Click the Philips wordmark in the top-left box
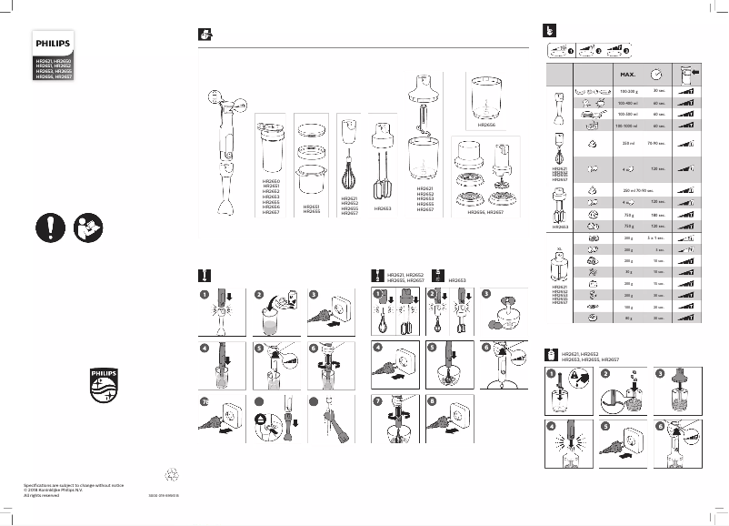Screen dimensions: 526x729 [52, 42]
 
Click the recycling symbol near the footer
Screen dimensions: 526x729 [168, 472]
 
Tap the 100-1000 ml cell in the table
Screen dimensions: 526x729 [626, 125]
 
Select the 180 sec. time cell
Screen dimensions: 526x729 [658, 214]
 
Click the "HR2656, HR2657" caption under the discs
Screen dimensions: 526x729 [485, 211]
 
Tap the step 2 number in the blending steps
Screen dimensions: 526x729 [258, 295]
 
